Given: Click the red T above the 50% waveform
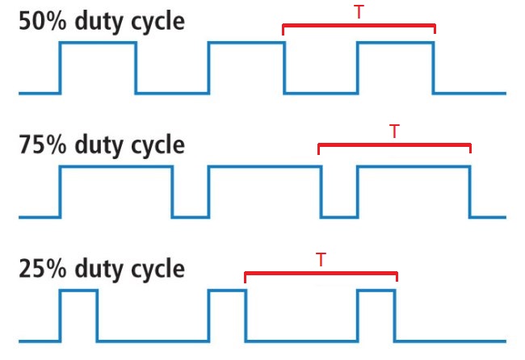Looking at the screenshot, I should pos(359,12).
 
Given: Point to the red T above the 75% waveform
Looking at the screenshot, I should pos(394,131).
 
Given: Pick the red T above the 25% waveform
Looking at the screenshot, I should pos(321,260).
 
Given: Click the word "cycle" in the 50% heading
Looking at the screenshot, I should pos(153,21).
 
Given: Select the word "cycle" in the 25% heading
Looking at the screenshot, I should pos(153,269).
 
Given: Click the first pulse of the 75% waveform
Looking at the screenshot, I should pos(116,190).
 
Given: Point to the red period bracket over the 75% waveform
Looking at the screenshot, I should pos(394,144).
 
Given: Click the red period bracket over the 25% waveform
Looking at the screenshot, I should pos(321,273).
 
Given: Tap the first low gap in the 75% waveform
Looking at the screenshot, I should pos(190,215).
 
